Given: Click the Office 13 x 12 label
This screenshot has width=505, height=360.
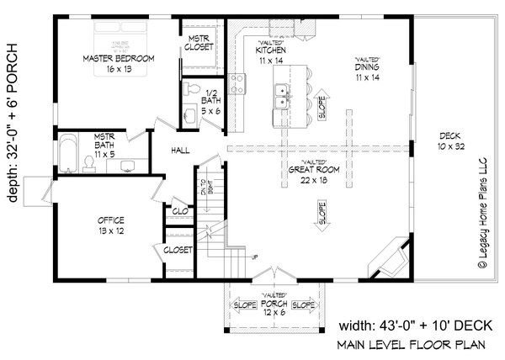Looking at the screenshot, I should (x=109, y=225).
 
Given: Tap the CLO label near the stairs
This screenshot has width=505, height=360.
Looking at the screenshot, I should (x=180, y=212).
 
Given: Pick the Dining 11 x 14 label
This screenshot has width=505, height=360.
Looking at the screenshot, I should (x=370, y=70).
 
